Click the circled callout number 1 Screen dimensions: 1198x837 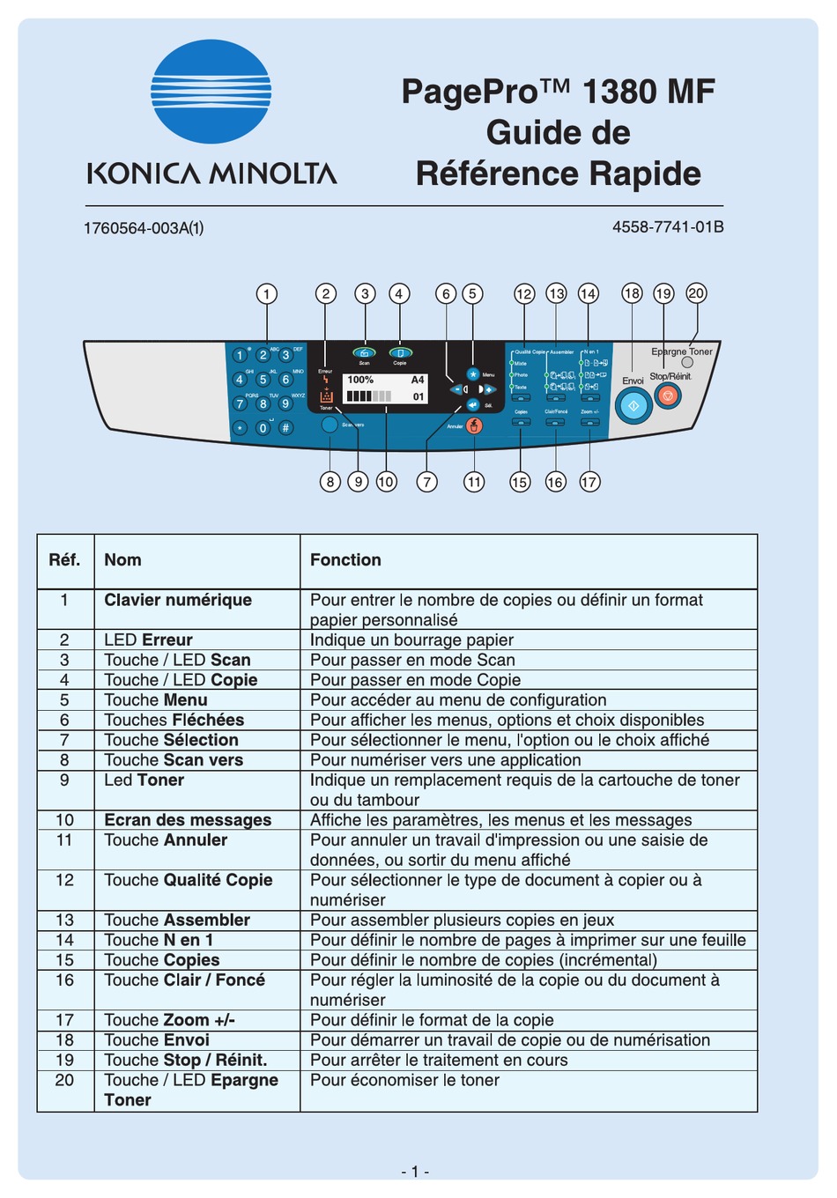(266, 293)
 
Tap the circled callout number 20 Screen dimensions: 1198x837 (696, 293)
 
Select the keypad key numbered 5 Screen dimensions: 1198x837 (263, 380)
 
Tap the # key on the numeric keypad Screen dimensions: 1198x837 (285, 428)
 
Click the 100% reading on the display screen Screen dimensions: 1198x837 (360, 380)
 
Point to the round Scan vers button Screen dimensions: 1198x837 (330, 425)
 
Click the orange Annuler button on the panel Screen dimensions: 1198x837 (475, 426)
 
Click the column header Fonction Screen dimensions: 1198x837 (345, 560)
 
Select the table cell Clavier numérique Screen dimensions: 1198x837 (178, 600)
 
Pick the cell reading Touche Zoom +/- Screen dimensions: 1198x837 (169, 1020)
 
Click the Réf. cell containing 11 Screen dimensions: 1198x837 (64, 840)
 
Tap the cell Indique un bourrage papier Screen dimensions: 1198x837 (411, 640)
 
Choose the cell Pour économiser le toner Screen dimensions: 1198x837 (404, 1080)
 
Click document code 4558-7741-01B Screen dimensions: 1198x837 (668, 227)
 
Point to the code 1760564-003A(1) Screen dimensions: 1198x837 (144, 228)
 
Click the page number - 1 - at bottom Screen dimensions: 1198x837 (415, 1172)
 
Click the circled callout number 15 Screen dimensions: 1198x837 (520, 482)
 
